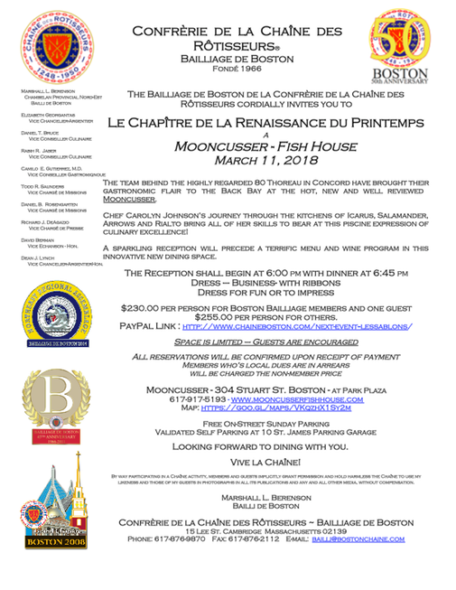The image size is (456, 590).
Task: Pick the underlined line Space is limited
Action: [266, 343]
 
